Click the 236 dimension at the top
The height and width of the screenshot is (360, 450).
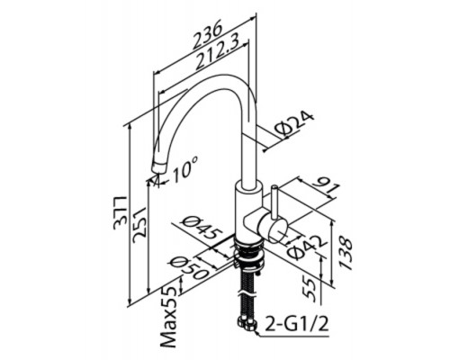click(x=208, y=34)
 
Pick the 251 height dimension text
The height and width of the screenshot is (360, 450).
click(x=139, y=222)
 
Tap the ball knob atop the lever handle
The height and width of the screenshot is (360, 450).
click(x=274, y=188)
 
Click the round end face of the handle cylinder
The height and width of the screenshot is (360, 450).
click(x=278, y=231)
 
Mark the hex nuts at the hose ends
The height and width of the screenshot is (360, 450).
click(x=247, y=325)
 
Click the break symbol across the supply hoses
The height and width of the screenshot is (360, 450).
click(x=247, y=292)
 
